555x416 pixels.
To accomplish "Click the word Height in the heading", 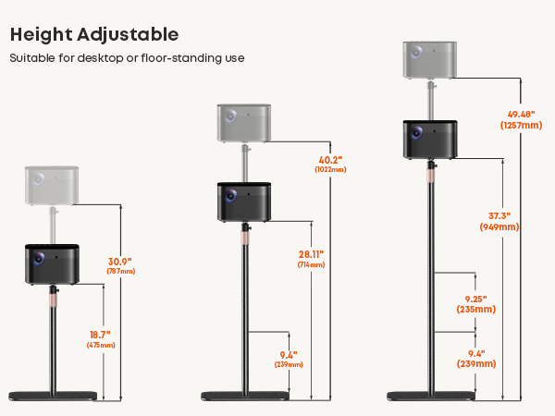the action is point(41,35).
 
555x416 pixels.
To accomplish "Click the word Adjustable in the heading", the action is point(128,36).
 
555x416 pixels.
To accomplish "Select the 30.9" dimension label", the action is point(120,262).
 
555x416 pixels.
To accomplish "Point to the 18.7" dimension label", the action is point(100,335).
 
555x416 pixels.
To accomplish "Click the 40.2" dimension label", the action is point(330,160).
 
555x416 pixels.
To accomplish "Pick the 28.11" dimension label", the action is point(311,254).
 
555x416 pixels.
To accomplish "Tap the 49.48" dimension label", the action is point(521,115).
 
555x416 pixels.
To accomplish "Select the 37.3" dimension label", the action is point(499,215).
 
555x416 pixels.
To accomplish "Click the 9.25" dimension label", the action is point(475,300).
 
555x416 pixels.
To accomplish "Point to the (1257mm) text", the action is point(521,125).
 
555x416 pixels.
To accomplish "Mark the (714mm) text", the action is point(311,264).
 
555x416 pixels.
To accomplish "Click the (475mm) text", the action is point(101,345).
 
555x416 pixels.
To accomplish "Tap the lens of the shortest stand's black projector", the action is point(39,259).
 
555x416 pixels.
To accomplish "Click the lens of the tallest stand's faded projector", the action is point(416,53).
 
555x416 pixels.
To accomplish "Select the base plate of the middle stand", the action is point(245,396).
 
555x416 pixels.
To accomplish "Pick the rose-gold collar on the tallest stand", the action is point(431,176).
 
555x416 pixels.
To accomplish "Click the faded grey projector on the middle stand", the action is point(244,124).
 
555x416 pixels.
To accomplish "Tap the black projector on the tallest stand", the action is point(430,140).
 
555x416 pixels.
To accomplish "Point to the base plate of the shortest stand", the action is point(53,396).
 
